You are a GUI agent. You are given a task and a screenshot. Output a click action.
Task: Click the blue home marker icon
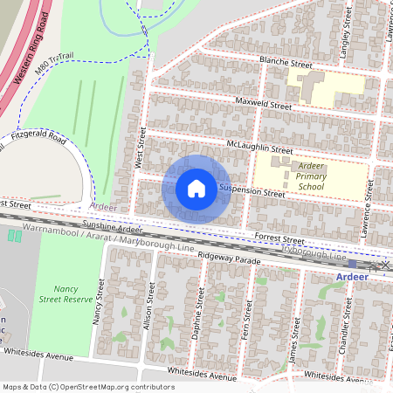point(196,189)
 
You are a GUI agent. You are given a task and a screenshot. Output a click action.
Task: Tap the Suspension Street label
point(252,190)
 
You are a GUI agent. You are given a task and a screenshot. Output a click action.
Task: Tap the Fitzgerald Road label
point(38,137)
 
